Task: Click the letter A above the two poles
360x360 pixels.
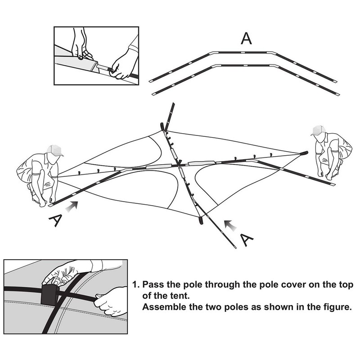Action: [246, 38]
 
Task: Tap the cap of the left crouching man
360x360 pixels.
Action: [54, 150]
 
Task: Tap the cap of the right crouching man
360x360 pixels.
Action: [318, 130]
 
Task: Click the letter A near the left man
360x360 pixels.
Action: [55, 220]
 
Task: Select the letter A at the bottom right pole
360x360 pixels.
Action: [247, 240]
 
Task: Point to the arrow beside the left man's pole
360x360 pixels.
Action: [72, 206]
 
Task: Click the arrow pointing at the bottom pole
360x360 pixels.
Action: [230, 225]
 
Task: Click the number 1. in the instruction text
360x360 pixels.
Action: [136, 284]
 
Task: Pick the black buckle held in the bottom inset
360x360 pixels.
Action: [49, 295]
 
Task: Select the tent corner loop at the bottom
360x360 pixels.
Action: [201, 220]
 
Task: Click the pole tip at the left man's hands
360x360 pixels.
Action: [51, 204]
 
